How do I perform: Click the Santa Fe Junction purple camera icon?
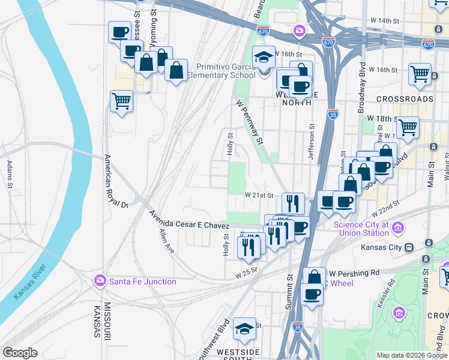point(100,281)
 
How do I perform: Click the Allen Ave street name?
point(166,241)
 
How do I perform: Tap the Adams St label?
point(10,173)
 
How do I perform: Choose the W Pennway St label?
point(250,122)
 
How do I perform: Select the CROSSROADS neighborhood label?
point(405,98)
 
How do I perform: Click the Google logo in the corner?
point(20,353)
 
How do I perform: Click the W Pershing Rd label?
point(354,272)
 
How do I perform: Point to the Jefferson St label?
point(312,142)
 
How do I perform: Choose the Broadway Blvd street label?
point(362,80)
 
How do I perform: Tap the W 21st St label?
point(259,196)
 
